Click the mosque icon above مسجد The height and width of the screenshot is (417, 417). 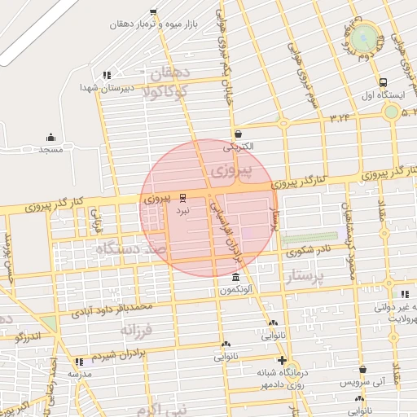50,137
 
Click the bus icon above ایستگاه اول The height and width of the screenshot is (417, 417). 383,82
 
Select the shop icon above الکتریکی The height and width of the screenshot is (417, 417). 237,134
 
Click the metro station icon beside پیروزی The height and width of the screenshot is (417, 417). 182,197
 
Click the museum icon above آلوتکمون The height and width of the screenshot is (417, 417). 236,277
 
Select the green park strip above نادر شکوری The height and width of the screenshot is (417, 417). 304,239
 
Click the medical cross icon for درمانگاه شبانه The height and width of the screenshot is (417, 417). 282,359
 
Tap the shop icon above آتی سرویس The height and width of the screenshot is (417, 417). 359,397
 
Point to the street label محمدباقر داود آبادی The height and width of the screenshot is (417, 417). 111,309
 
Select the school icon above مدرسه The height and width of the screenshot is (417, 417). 79,361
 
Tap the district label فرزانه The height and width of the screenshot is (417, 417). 137,330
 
